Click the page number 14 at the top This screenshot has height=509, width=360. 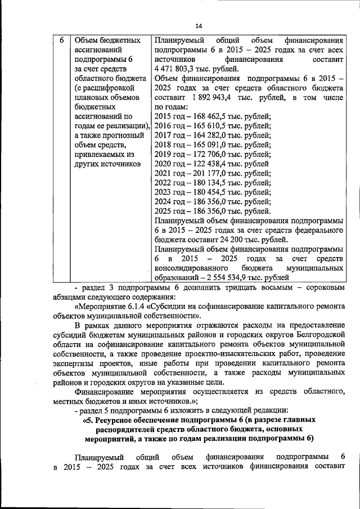click(x=199, y=25)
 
